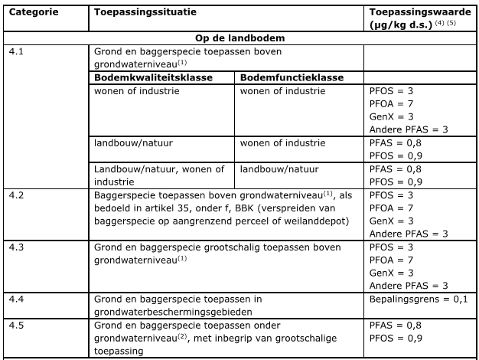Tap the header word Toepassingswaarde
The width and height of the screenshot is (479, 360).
pos(412,14)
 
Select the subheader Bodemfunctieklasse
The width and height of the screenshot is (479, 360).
pos(292,77)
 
